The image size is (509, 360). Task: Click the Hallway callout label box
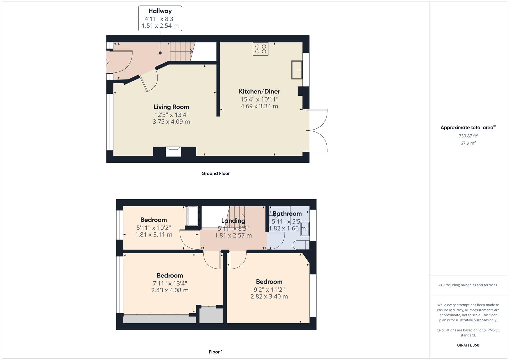click(160, 18)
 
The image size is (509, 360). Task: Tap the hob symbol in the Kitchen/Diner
click(260, 49)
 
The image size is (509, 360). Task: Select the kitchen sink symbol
click(297, 70)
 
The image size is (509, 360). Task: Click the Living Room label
click(171, 107)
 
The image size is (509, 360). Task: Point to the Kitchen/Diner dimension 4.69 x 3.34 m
click(259, 106)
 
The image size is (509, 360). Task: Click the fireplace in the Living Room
click(174, 151)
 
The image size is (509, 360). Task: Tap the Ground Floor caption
click(215, 173)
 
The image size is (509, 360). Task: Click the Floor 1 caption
click(216, 352)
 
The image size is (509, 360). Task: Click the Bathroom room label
click(287, 214)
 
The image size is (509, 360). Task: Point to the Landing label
click(233, 221)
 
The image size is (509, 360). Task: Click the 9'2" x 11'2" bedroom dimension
click(269, 289)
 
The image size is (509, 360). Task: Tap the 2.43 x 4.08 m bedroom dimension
click(170, 290)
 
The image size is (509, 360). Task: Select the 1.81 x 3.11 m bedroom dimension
click(154, 235)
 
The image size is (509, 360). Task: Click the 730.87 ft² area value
click(468, 136)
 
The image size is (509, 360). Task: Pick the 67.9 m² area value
click(468, 143)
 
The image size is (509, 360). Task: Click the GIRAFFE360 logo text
click(468, 345)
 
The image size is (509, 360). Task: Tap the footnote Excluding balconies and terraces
click(468, 285)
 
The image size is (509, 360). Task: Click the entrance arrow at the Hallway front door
click(107, 62)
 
